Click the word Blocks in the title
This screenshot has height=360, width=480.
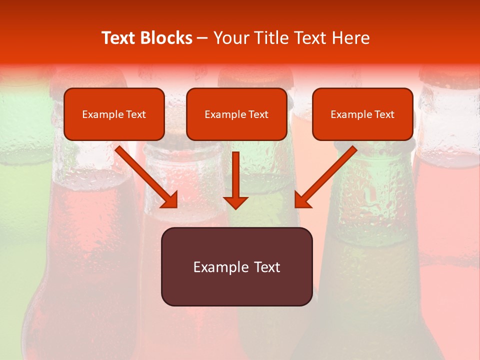tap(166, 38)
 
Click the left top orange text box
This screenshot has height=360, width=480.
tap(114, 114)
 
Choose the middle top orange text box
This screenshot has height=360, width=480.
tap(236, 114)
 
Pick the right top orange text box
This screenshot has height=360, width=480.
tap(362, 114)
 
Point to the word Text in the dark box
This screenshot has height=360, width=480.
tap(266, 267)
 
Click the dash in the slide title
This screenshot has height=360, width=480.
tap(202, 38)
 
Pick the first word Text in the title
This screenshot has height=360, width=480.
tap(118, 38)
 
